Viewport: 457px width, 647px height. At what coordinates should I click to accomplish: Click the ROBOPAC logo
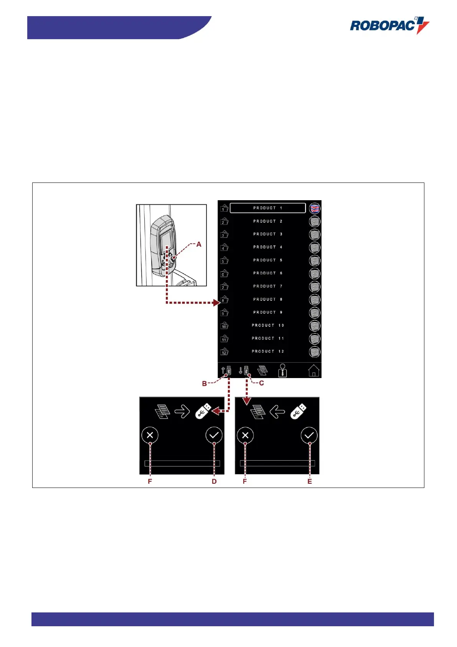click(389, 25)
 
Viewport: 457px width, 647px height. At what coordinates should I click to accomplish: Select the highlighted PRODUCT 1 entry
click(267, 208)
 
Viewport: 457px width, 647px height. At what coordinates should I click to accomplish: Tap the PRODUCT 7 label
click(267, 286)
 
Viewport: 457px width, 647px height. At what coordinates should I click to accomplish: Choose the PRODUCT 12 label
click(267, 352)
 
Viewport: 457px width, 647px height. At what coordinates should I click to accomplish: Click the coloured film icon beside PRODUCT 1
click(315, 208)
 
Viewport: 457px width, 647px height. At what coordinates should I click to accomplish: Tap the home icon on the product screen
click(313, 371)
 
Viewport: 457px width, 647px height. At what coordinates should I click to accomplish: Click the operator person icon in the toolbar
click(282, 370)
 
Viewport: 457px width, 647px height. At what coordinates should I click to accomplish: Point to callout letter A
click(199, 244)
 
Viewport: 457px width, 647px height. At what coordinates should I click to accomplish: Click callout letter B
click(205, 383)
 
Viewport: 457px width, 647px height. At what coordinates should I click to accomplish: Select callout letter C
click(261, 383)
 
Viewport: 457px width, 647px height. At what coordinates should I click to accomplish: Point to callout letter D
click(214, 481)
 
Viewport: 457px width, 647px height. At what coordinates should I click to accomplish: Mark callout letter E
click(310, 481)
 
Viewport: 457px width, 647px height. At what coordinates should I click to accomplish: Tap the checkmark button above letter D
click(214, 435)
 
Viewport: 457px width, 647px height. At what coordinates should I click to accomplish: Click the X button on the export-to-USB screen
click(150, 435)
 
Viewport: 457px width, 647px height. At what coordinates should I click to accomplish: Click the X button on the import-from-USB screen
click(246, 435)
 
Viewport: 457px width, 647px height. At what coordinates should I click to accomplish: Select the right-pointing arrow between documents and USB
click(182, 413)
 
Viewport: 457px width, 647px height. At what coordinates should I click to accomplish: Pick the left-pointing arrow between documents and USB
click(277, 413)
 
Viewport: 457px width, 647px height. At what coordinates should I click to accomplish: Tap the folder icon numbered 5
click(224, 260)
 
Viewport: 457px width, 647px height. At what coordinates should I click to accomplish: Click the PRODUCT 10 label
click(267, 325)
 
